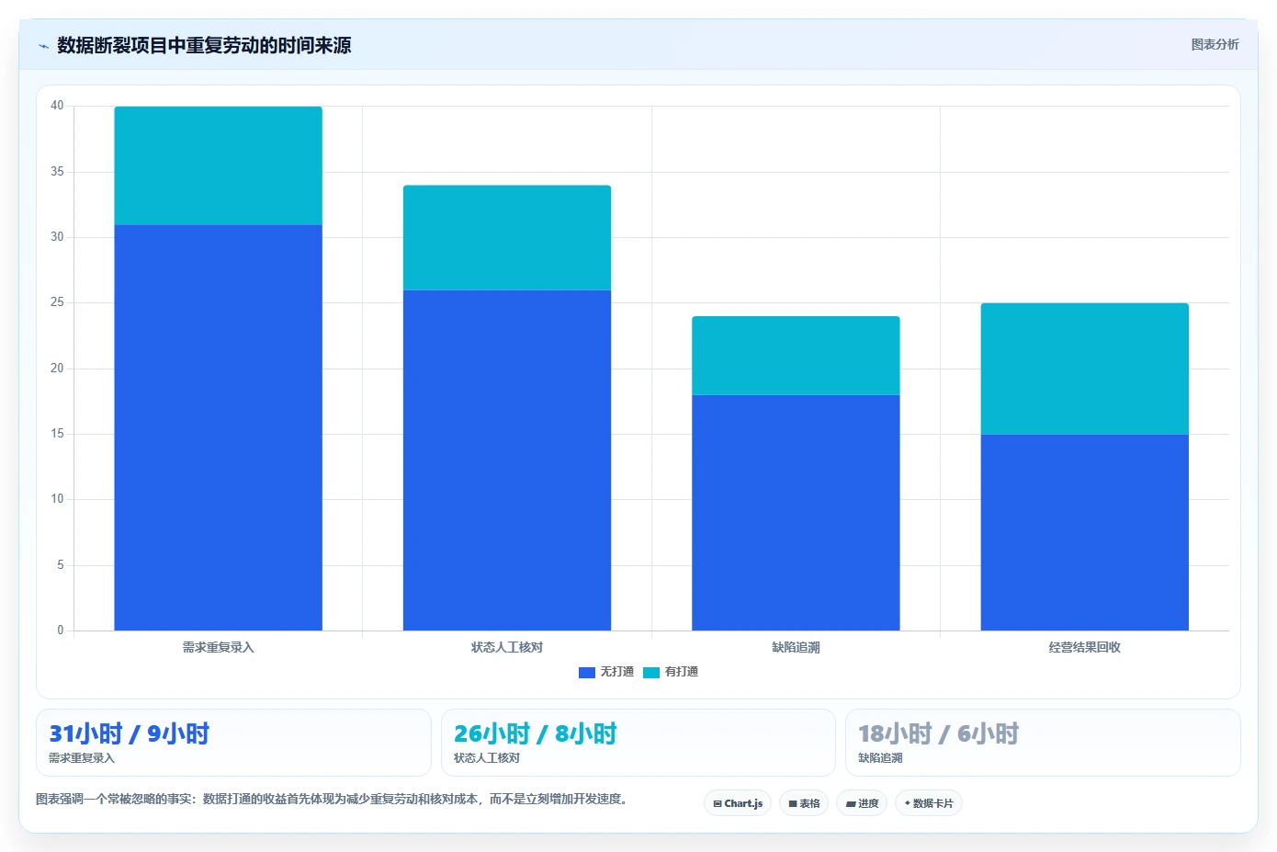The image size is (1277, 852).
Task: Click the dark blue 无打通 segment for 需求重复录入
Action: tap(218, 427)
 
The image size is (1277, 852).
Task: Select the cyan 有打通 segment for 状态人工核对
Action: tap(507, 238)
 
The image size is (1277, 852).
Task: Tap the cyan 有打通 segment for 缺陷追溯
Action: tap(796, 356)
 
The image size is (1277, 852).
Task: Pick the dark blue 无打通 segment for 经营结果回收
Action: tap(1084, 533)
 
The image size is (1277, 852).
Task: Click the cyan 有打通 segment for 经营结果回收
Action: tap(1084, 369)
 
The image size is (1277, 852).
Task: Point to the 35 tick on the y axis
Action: tap(57, 171)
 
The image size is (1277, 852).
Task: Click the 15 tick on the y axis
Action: tap(57, 434)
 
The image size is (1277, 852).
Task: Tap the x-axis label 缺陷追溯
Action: tap(796, 647)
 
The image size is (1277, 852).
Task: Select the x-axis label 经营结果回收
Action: tap(1084, 647)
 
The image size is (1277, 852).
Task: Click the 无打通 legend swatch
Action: tap(587, 673)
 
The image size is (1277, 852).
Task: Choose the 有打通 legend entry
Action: tap(671, 672)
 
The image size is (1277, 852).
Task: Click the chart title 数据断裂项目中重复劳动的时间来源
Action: tap(204, 45)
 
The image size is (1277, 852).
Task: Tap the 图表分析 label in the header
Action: tap(1215, 44)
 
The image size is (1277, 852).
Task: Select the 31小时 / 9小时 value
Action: tap(130, 733)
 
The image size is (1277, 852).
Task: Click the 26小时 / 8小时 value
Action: tap(536, 733)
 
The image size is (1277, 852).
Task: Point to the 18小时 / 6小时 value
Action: tap(938, 733)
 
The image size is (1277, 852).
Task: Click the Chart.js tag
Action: tap(738, 803)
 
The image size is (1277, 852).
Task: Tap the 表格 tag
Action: tap(804, 803)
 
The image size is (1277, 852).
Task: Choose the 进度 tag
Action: tap(862, 803)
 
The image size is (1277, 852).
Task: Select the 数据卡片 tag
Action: tap(929, 803)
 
